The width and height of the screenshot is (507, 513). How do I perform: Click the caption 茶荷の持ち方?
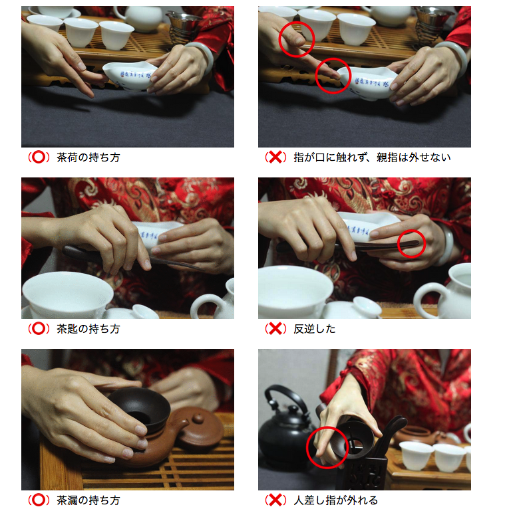coord(88,157)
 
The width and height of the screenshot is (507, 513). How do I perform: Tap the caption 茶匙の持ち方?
coord(88,328)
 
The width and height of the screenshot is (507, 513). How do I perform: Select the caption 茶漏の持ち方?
coord(88,500)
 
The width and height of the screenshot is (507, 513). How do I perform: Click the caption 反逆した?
coord(315,328)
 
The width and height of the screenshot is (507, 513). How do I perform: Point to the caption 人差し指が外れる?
coord(336,500)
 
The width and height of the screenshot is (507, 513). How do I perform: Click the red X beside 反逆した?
coord(275,328)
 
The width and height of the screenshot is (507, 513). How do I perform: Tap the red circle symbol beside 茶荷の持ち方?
coord(39,157)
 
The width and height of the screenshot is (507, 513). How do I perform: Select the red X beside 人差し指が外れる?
coord(275,500)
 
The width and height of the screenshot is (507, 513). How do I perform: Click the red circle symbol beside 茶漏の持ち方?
coord(39,500)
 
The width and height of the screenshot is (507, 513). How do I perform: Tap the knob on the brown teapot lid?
coord(198,419)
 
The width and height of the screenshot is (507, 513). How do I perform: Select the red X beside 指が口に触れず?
coord(275,157)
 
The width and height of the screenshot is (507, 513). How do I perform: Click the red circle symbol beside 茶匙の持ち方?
coord(39,328)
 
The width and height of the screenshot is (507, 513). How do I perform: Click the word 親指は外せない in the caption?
coord(414,157)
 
